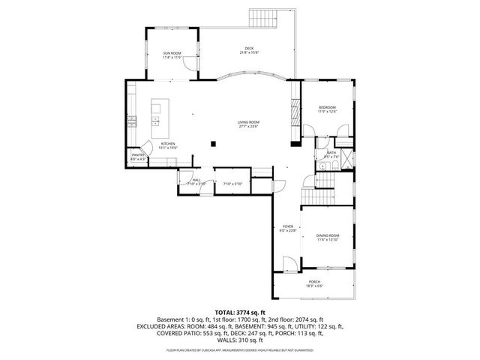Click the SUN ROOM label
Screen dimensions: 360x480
[172, 53]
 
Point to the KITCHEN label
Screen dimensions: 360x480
[168, 144]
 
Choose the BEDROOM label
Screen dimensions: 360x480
[327, 108]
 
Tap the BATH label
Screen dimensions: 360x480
[331, 153]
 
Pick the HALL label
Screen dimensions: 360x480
[196, 180]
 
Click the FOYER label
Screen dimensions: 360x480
[287, 226]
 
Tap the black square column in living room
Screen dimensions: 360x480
[214, 142]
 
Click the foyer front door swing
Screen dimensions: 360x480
[286, 263]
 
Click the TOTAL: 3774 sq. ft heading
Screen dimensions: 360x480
[240, 312]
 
